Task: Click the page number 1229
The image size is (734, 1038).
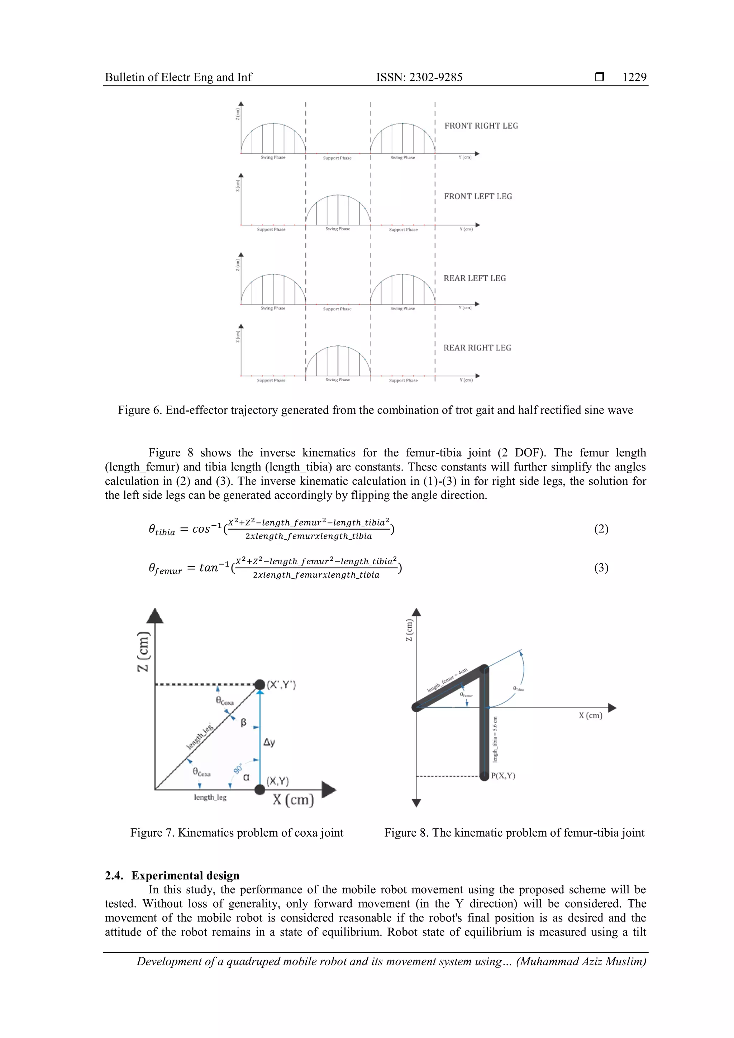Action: pos(634,77)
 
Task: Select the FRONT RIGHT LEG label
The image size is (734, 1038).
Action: pos(481,126)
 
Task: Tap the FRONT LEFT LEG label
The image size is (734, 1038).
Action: pos(478,196)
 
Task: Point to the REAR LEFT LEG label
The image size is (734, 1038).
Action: pos(475,278)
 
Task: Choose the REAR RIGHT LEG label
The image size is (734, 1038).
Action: pos(477,348)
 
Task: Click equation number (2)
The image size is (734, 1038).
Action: pos(601,528)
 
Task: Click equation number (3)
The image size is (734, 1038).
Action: pos(601,568)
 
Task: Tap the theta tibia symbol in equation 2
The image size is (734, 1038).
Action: pos(161,530)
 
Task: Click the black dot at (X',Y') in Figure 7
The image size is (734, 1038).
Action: pos(259,684)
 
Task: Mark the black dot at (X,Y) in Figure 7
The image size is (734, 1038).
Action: pos(259,789)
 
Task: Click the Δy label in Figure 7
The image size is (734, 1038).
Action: pos(269,742)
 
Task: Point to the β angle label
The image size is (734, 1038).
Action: pos(243,722)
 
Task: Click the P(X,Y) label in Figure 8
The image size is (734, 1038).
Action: pos(503,776)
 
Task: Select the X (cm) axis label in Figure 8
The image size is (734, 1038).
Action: pos(590,715)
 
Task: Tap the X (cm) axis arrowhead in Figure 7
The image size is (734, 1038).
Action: pos(330,789)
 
